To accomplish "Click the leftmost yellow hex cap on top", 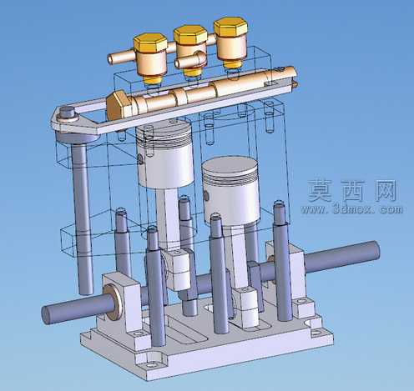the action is click(150, 43).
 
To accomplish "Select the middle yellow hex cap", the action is click(190, 35).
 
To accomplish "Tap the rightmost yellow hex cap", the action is click(230, 27).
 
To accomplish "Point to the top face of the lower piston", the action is click(230, 166).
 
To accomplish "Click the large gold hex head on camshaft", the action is click(118, 105).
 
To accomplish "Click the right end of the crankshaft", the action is click(374, 250).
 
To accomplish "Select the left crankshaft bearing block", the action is click(122, 303).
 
